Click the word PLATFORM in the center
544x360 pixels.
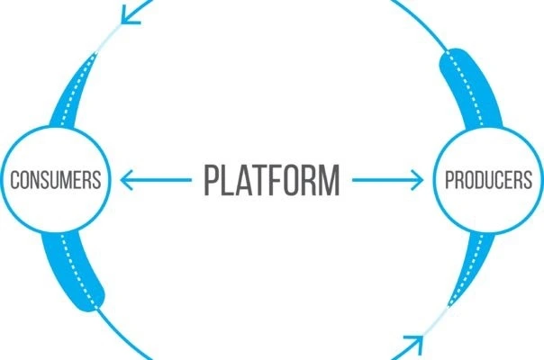pos(272,180)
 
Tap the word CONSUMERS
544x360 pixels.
pos(54,180)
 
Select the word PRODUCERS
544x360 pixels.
pos(488,180)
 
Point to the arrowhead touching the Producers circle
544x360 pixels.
pos(417,180)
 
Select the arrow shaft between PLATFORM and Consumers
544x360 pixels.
pos(162,180)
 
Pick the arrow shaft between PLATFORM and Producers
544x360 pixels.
pos(383,180)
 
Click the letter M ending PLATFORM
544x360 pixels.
pos(328,180)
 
